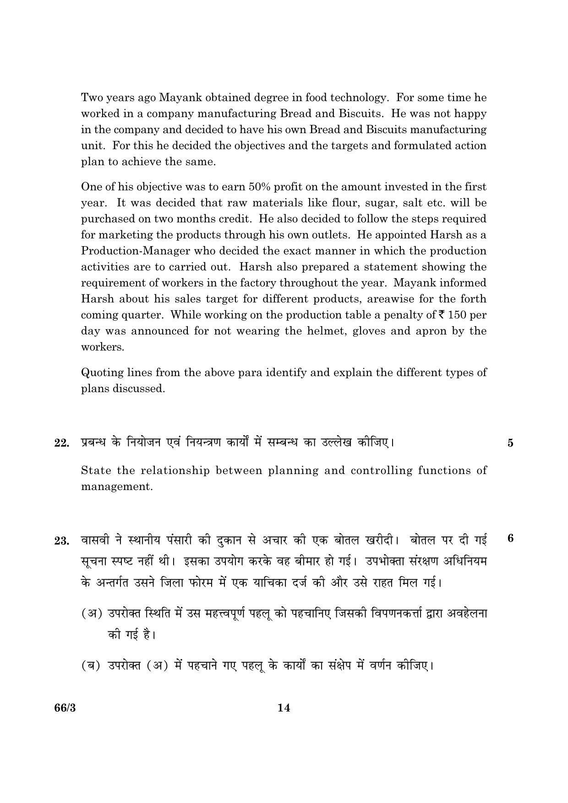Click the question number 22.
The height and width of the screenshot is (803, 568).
pos(61,443)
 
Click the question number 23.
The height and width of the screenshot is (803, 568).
pos(61,541)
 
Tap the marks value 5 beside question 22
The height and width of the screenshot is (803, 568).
pos(510,443)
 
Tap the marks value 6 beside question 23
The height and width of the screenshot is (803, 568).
pos(510,538)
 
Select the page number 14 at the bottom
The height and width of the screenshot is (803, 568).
pos(284,708)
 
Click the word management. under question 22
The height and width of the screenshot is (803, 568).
pos(117,486)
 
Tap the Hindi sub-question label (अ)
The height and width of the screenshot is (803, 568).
pos(92,613)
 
